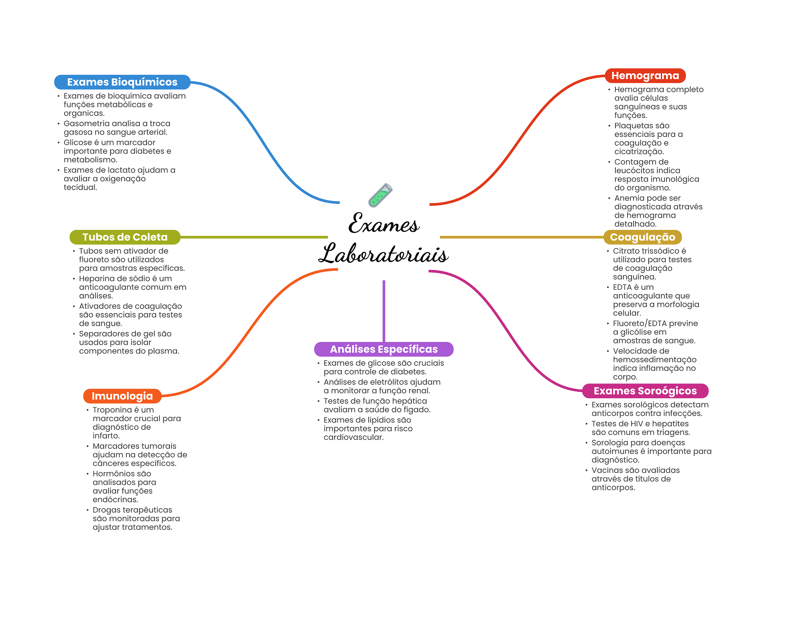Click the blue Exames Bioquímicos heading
click(122, 82)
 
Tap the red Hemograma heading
click(645, 76)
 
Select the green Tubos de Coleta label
click(125, 237)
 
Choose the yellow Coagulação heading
click(642, 237)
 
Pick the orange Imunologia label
click(122, 396)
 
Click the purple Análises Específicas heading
click(383, 349)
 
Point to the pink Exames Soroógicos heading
click(645, 391)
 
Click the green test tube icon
click(380, 195)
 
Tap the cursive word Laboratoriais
click(383, 254)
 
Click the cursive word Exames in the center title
click(383, 224)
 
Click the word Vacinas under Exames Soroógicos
click(606, 470)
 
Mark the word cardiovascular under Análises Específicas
click(353, 437)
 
